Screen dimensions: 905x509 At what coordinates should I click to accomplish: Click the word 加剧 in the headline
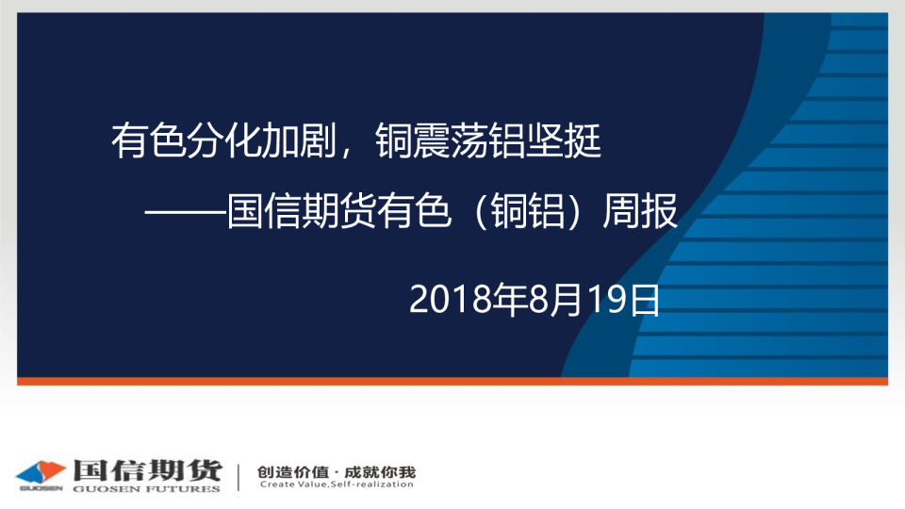point(300,140)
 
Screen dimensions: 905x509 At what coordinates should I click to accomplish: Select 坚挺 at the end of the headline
point(564,140)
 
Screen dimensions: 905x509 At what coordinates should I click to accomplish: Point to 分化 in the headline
point(224,140)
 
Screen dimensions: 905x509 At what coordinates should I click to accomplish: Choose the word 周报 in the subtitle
point(640,211)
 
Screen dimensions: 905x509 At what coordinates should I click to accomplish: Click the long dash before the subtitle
point(185,212)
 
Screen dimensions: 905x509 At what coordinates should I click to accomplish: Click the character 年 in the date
point(510,300)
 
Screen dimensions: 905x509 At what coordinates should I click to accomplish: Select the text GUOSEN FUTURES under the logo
point(147,489)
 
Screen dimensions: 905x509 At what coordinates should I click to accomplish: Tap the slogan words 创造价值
point(292,472)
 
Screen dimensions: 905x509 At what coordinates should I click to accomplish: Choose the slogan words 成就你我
point(380,472)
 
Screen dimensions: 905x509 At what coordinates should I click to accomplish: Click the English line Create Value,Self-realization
point(337,484)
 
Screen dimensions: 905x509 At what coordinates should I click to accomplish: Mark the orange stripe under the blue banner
point(452,381)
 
